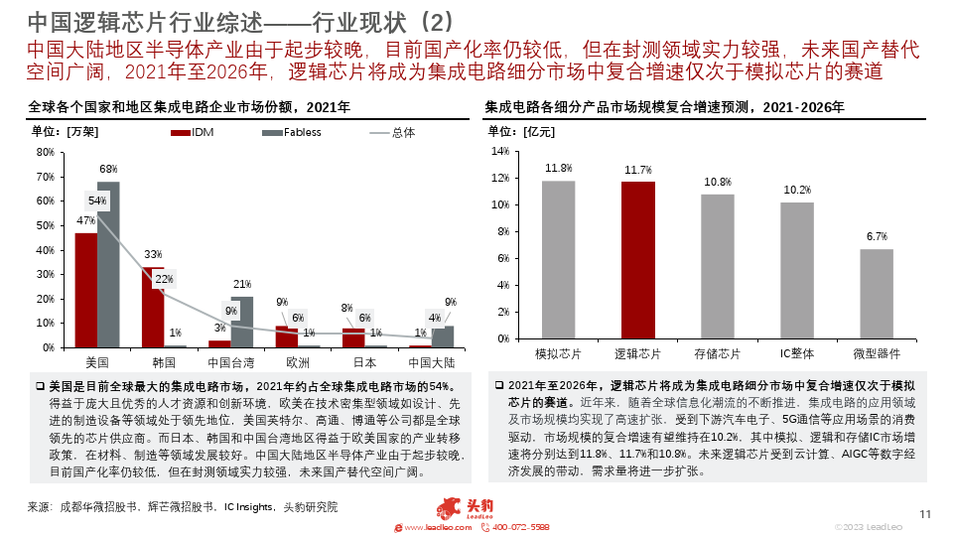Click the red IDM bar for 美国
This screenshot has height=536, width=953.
coord(86,290)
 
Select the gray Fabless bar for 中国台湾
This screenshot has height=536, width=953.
coord(242,322)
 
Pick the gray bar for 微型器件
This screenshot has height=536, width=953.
coord(877,298)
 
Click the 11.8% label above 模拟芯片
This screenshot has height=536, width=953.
coord(558,168)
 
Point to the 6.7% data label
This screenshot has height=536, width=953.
coord(877,236)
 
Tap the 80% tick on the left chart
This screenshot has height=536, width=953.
coord(46,152)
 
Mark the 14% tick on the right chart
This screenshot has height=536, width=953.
coord(502,152)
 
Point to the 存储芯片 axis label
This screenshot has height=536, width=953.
coord(718,354)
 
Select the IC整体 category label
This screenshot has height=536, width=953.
coord(797,354)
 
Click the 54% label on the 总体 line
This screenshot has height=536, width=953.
coord(97,201)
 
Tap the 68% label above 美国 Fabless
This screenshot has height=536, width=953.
coord(108,170)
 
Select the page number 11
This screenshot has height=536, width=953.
coord(925,513)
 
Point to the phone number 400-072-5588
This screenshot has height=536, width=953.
coord(520,527)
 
